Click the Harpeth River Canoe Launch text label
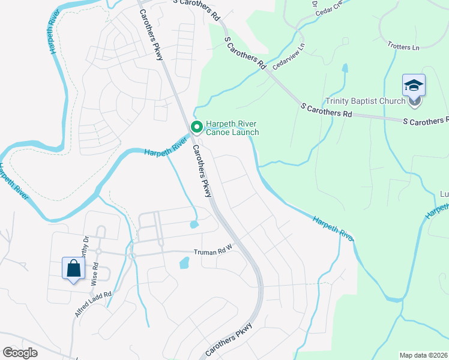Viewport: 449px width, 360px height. click(x=232, y=128)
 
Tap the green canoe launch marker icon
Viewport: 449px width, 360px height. click(x=196, y=127)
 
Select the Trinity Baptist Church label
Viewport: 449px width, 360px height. click(x=365, y=101)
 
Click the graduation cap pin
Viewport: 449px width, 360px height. click(x=414, y=85)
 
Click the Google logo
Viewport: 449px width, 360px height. click(x=20, y=353)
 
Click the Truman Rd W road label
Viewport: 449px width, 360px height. click(x=212, y=253)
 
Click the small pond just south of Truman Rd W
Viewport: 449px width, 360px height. click(x=184, y=263)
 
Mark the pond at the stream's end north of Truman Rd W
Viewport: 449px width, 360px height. click(x=194, y=224)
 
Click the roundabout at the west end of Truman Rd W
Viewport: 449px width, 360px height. click(x=133, y=255)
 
